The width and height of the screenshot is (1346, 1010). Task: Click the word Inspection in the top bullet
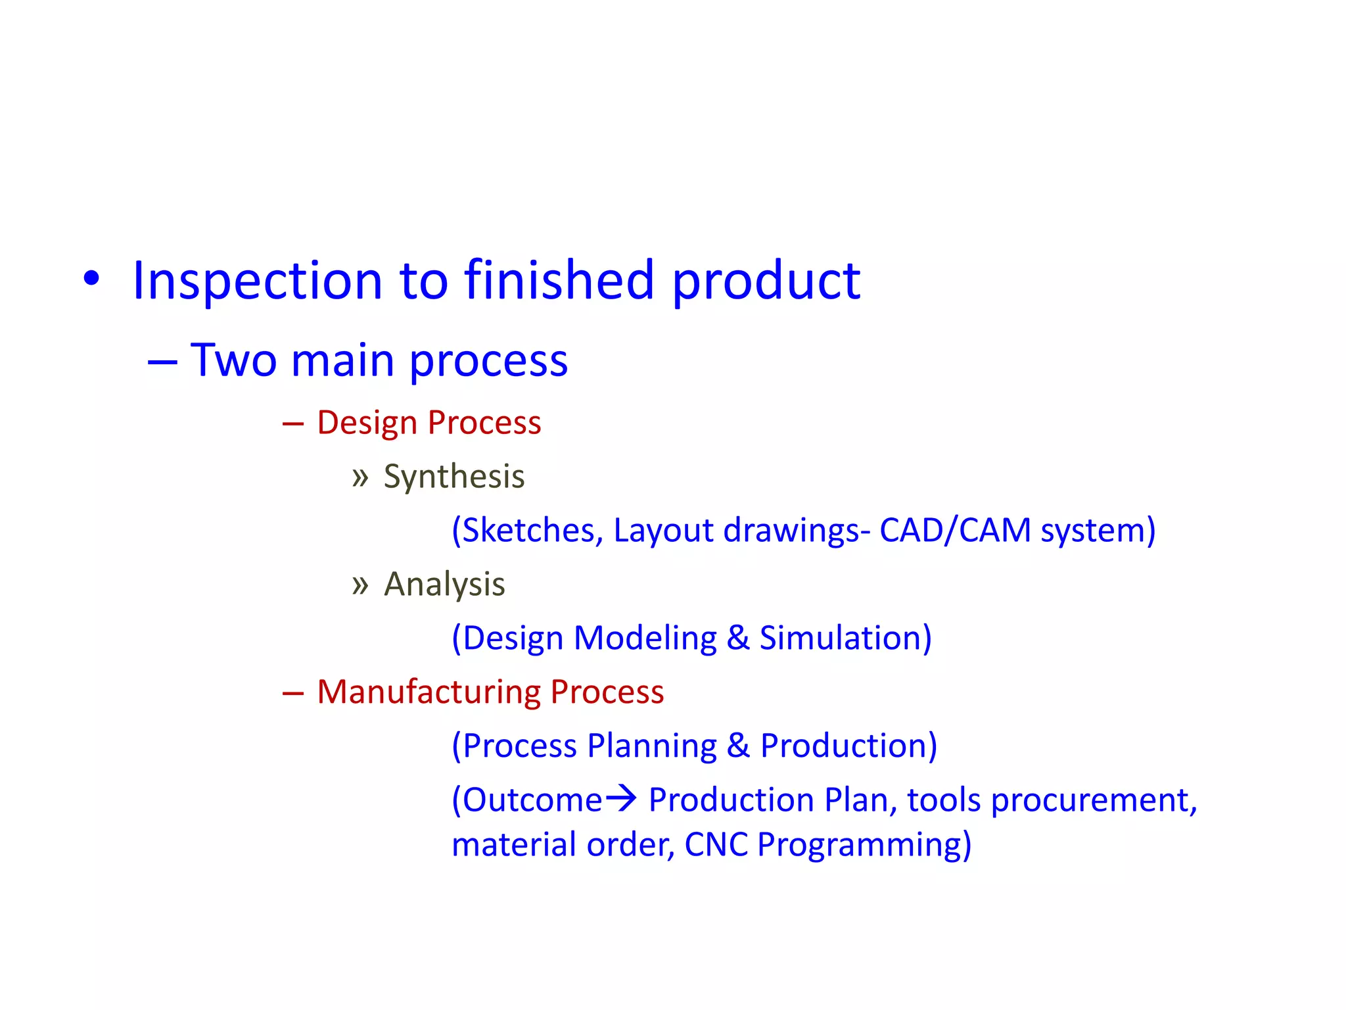point(257,281)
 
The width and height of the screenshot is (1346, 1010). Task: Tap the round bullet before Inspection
point(91,279)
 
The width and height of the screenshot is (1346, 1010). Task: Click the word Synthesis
point(454,477)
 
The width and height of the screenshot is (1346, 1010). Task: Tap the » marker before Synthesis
point(360,477)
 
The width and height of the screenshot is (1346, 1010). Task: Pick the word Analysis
point(444,585)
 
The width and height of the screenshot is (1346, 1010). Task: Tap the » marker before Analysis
point(360,585)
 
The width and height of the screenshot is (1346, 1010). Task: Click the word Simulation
point(845,638)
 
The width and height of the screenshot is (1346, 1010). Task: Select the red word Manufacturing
point(429,692)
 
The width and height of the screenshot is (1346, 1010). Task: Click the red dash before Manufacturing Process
point(292,693)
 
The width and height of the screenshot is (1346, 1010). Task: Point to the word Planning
point(651,746)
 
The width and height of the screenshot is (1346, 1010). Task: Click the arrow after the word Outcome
point(620,798)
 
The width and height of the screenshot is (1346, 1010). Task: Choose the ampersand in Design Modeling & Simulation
point(738,638)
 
